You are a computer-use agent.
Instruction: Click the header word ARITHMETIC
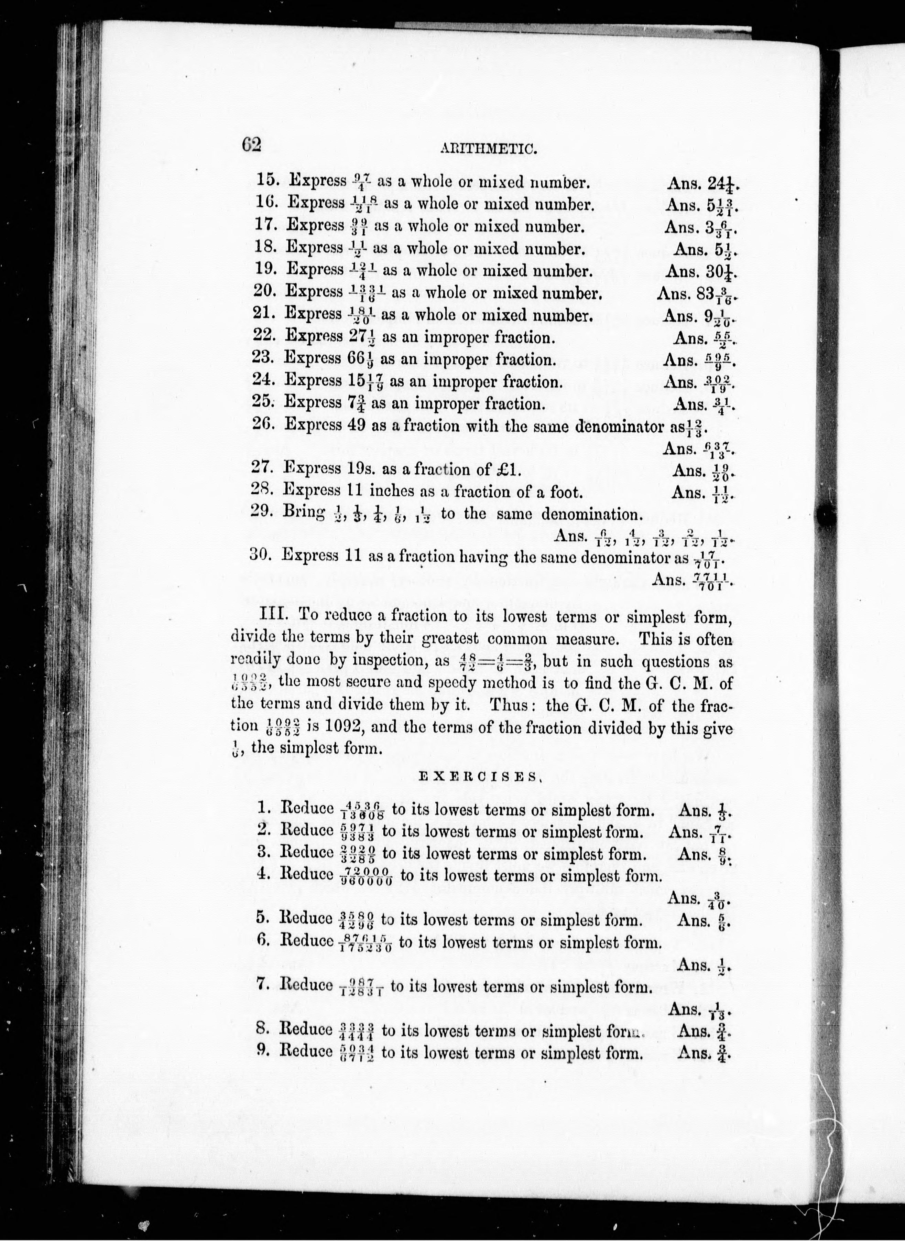click(x=487, y=149)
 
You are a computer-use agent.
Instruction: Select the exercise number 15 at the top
click(x=268, y=180)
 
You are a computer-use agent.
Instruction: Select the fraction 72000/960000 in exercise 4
click(x=366, y=877)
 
